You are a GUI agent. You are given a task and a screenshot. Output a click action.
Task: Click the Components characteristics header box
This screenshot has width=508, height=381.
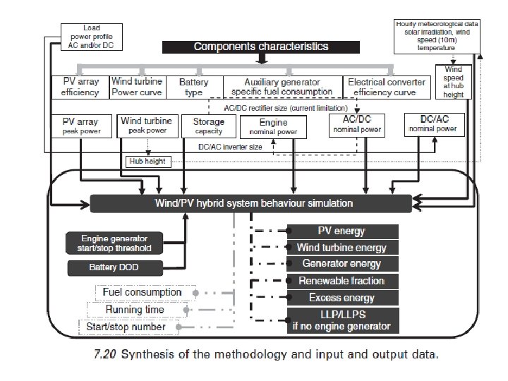tap(260, 47)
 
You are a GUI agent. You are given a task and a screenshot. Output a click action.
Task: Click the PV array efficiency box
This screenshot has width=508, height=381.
tap(80, 87)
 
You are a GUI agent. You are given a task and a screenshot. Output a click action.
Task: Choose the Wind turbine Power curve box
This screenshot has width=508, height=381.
tap(137, 87)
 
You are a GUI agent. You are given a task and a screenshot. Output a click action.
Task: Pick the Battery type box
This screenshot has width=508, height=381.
tap(193, 87)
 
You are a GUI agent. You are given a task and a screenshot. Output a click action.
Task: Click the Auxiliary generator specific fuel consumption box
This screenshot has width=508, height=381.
tap(282, 87)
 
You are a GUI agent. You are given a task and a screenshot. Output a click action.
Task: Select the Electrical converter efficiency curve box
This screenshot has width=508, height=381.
tap(387, 87)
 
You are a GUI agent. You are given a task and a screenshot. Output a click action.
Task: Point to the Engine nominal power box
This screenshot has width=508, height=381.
tap(263, 127)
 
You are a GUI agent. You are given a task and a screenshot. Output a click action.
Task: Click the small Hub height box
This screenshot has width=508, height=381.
tap(147, 161)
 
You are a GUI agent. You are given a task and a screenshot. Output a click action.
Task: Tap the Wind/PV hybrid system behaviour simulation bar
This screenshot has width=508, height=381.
tap(250, 203)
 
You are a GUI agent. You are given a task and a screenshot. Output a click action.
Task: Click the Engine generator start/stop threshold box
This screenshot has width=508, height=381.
tap(114, 243)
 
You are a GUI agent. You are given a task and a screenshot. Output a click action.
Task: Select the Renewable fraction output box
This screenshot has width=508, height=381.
tap(342, 282)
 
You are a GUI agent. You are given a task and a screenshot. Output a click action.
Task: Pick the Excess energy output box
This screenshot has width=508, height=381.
tap(342, 298)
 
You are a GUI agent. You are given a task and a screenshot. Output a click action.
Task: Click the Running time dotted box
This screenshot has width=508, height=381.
tap(134, 310)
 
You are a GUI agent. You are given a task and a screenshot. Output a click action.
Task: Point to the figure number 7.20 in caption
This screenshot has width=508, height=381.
tap(105, 355)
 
